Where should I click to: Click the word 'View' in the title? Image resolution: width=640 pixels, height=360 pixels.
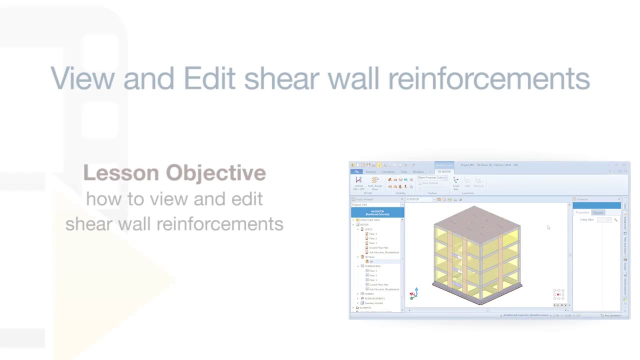click(83, 78)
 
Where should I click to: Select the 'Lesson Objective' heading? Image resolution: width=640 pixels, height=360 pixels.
click(174, 173)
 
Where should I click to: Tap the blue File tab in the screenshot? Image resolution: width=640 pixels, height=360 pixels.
click(356, 172)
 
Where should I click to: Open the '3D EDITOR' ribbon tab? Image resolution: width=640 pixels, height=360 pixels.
click(443, 172)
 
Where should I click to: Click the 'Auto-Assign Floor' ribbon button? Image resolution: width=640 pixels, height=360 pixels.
click(374, 183)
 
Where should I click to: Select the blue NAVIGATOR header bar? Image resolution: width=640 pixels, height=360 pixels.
click(377, 212)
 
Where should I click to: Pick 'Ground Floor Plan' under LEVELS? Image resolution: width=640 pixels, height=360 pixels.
click(378, 247)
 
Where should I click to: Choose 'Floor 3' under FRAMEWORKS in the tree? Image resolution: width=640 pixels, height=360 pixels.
click(373, 270)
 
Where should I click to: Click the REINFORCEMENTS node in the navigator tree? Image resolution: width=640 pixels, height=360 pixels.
click(374, 298)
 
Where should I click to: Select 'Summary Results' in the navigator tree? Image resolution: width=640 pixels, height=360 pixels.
click(373, 303)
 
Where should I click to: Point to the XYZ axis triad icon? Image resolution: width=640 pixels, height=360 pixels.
click(413, 293)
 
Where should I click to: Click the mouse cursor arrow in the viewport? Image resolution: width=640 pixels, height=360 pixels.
click(548, 227)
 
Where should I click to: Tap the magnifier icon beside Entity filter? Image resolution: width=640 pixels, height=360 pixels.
click(615, 220)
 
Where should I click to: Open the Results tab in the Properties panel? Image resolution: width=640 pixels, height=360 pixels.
click(598, 212)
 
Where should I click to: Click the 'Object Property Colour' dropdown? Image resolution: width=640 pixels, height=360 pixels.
click(432, 178)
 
